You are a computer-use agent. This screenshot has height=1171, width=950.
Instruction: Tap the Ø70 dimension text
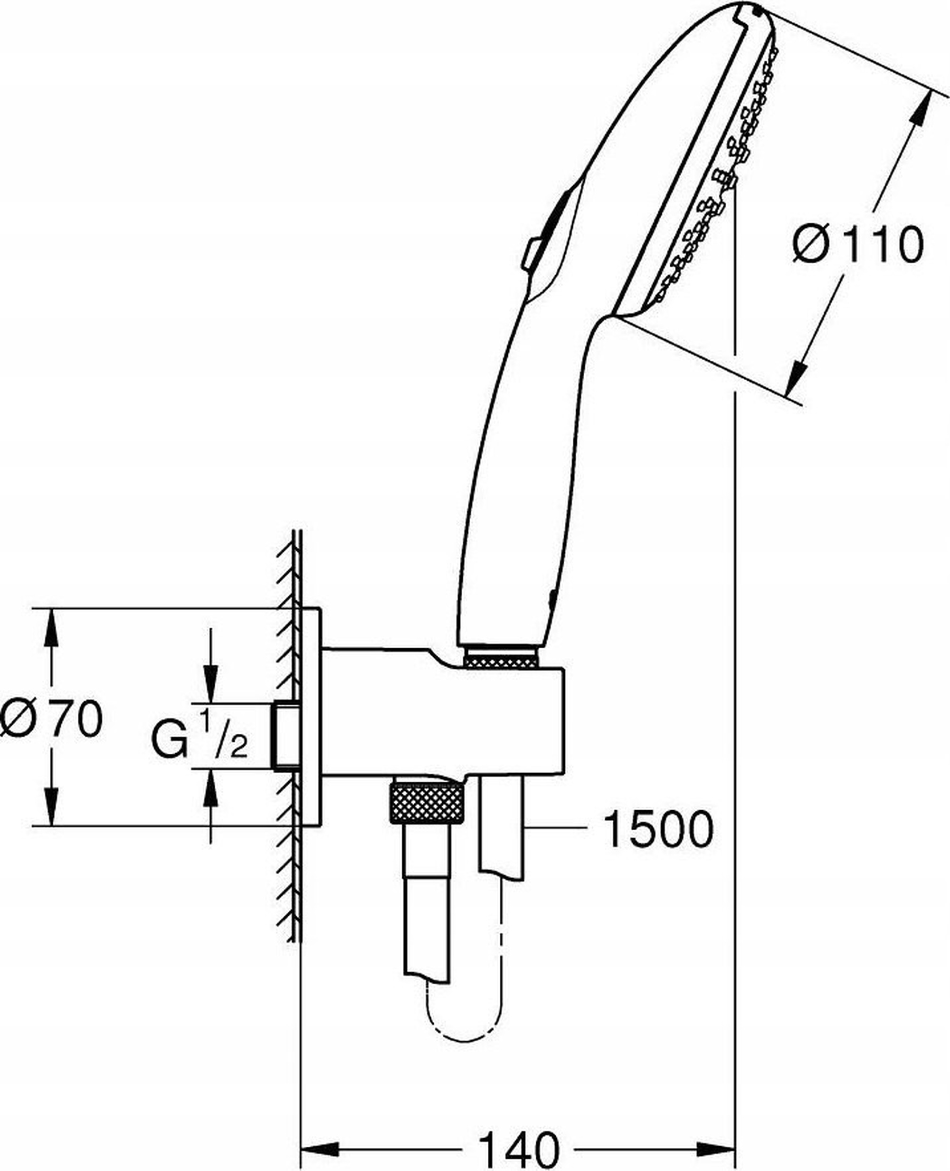tap(52, 717)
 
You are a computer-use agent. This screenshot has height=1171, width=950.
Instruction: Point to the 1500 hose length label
tap(659, 829)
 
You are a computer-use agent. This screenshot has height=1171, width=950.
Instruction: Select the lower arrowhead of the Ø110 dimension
tap(796, 377)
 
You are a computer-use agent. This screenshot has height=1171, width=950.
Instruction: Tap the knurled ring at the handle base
tap(500, 656)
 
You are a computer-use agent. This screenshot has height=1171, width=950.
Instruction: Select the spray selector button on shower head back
tap(533, 253)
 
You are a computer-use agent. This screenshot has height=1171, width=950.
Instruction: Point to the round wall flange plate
tap(311, 717)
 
